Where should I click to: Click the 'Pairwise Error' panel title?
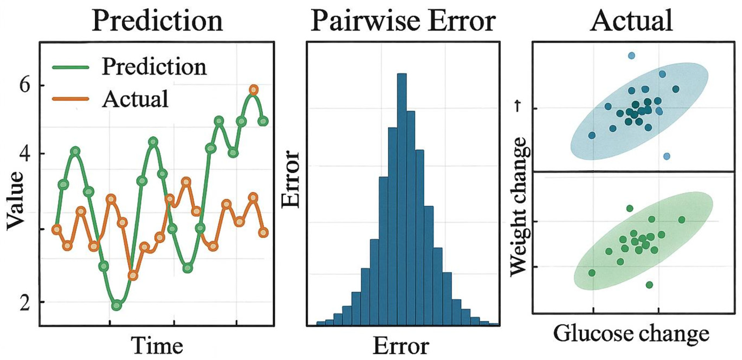pyautogui.click(x=403, y=21)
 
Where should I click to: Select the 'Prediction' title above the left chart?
pyautogui.click(x=157, y=21)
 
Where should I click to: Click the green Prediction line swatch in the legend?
pyautogui.click(x=71, y=68)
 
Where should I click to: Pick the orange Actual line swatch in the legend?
pyautogui.click(x=71, y=99)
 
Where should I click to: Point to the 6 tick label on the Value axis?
pyautogui.click(x=25, y=85)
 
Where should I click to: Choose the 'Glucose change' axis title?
pyautogui.click(x=631, y=334)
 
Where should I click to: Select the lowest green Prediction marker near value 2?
pyautogui.click(x=117, y=306)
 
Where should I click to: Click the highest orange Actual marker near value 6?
pyautogui.click(x=254, y=90)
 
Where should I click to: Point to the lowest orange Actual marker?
pyautogui.click(x=133, y=276)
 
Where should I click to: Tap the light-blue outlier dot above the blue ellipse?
pyautogui.click(x=631, y=56)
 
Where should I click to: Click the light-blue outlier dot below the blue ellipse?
pyautogui.click(x=667, y=156)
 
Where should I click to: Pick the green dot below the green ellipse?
pyautogui.click(x=649, y=285)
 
